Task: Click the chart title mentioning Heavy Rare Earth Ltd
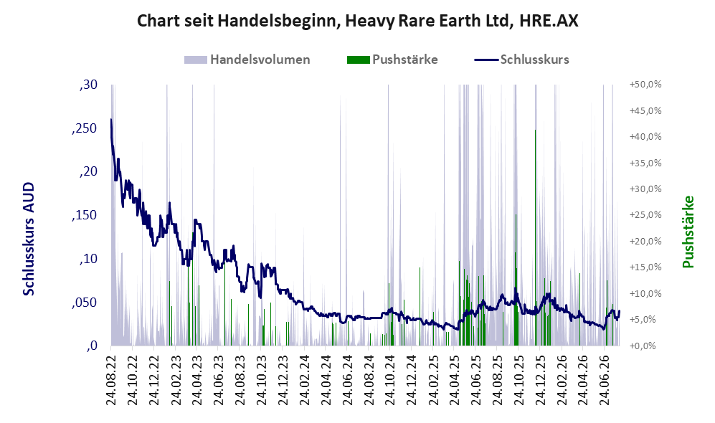click(x=357, y=21)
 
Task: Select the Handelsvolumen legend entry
click(x=247, y=60)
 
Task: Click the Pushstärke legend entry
click(x=392, y=60)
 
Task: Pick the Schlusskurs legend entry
click(x=521, y=60)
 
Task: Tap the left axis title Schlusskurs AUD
click(x=29, y=239)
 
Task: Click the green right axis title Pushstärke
click(x=688, y=232)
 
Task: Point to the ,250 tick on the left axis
click(x=85, y=128)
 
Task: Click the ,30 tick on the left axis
click(x=88, y=85)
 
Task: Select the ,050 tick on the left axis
click(x=85, y=303)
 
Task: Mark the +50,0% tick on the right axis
click(x=645, y=85)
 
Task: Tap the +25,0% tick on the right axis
click(x=645, y=214)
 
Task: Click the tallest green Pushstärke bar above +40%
click(x=535, y=237)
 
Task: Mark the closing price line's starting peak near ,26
click(x=111, y=120)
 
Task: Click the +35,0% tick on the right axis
click(x=645, y=163)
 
